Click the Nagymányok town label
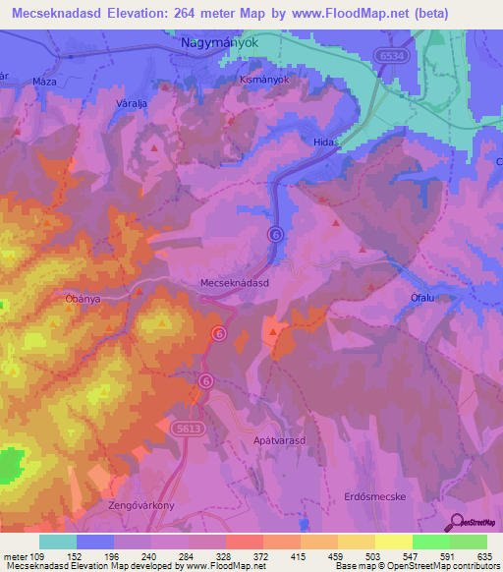pyautogui.click(x=216, y=44)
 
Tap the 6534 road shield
pyautogui.click(x=391, y=57)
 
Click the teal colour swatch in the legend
pyautogui.click(x=57, y=542)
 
